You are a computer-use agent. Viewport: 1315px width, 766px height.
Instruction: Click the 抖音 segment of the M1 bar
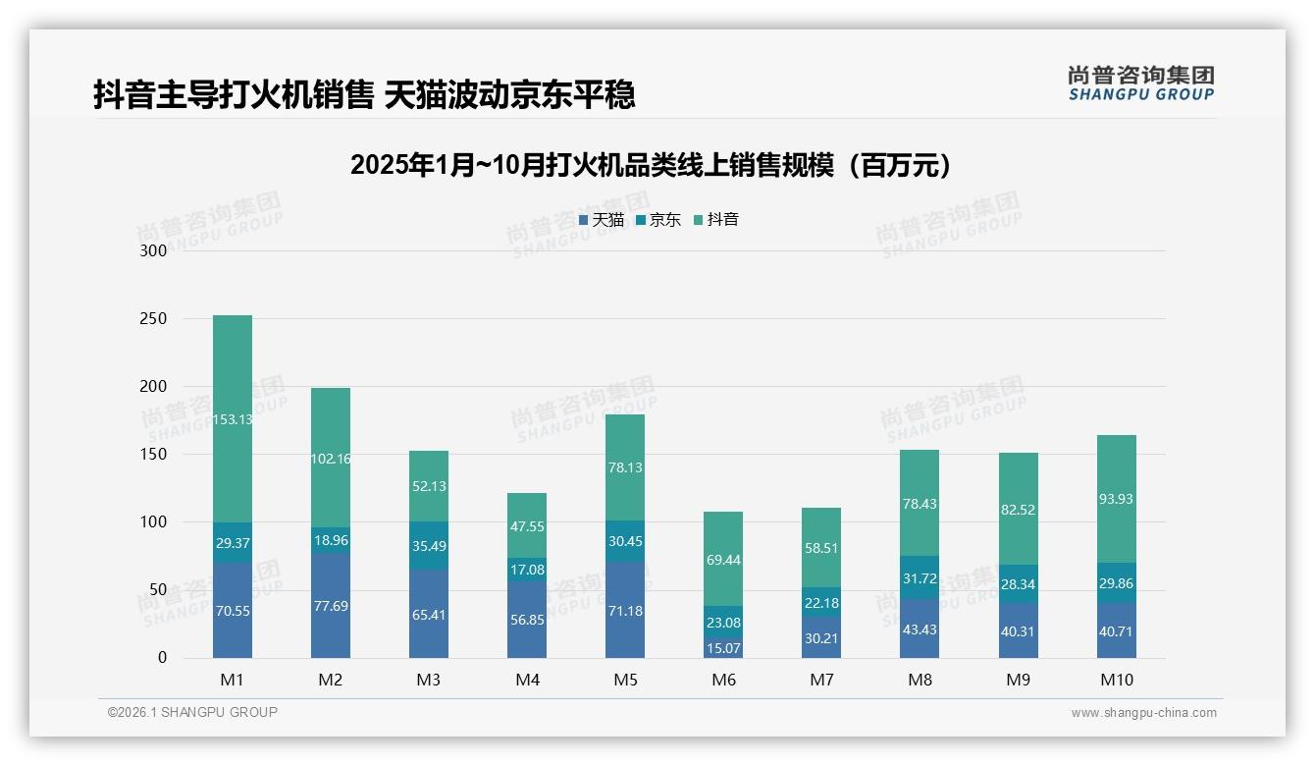[x=233, y=418]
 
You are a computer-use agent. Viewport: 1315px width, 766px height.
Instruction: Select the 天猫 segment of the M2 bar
[x=331, y=606]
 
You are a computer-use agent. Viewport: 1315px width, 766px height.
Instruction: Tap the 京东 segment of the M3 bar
[x=429, y=545]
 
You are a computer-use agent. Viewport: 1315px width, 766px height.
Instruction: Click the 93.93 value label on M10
[x=1116, y=499]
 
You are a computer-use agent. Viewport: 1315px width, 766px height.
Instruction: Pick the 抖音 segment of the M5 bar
[x=625, y=467]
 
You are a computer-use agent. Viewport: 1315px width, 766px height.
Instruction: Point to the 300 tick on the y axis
[x=154, y=250]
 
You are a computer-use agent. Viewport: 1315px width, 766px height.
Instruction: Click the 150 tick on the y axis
[x=154, y=455]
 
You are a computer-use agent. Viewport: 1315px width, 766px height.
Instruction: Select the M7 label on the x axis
[x=821, y=680]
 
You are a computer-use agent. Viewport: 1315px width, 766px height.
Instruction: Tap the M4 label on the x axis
[x=527, y=680]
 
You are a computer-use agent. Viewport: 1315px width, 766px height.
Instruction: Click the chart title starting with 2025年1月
[x=651, y=165]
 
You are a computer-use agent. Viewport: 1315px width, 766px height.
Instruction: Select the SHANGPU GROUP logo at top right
[x=1140, y=83]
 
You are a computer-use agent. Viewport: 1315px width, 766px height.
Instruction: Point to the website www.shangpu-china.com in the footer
[x=1143, y=713]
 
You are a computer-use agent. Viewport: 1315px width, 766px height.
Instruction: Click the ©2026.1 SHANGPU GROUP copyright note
[x=192, y=712]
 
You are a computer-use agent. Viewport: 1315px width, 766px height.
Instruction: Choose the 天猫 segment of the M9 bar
[x=1018, y=630]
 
